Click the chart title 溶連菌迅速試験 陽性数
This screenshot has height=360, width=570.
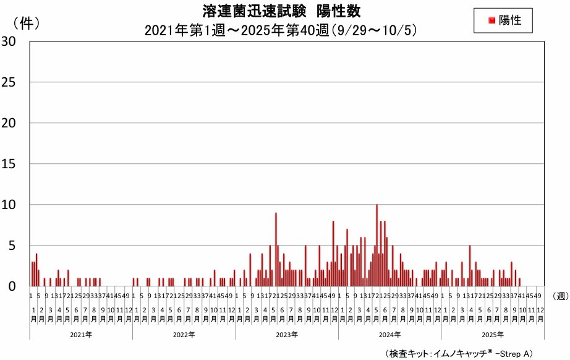click(x=281, y=11)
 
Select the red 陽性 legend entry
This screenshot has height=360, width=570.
click(x=503, y=20)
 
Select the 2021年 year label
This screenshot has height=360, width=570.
click(x=81, y=335)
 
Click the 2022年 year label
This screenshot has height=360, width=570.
click(x=184, y=335)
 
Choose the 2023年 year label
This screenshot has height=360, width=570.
click(x=287, y=335)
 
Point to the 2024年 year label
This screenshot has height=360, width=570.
click(x=389, y=335)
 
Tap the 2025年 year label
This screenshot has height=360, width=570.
click(x=493, y=335)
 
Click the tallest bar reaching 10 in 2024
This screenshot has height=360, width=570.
click(x=376, y=245)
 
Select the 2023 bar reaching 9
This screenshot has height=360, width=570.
click(x=276, y=249)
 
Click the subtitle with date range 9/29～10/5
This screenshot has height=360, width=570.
click(x=282, y=29)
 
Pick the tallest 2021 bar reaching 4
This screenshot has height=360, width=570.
click(x=36, y=270)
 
